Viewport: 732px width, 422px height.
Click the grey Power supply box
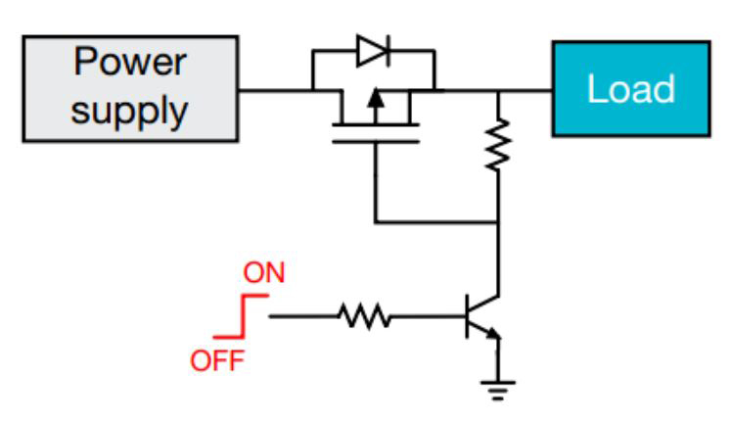pyautogui.click(x=130, y=89)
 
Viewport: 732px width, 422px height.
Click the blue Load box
pyautogui.click(x=630, y=88)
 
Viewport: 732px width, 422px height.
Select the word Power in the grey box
pyautogui.click(x=130, y=63)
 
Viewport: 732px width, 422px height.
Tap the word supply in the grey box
pyautogui.click(x=130, y=111)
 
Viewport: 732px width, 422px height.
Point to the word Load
pyautogui.click(x=630, y=89)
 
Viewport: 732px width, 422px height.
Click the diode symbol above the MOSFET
pyautogui.click(x=372, y=52)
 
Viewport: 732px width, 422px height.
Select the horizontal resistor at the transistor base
pyautogui.click(x=364, y=316)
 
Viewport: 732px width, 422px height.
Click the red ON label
pyautogui.click(x=263, y=272)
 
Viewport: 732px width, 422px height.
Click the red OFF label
pyautogui.click(x=217, y=360)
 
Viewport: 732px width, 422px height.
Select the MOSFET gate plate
pyautogui.click(x=375, y=141)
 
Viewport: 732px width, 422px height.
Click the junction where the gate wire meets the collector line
pyautogui.click(x=499, y=222)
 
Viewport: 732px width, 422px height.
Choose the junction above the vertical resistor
pyautogui.click(x=499, y=90)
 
